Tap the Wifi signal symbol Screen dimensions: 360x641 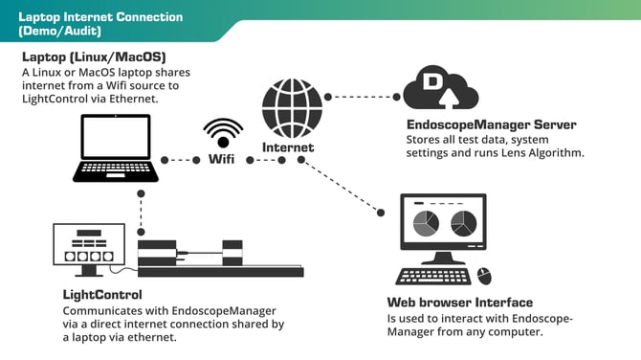click(223, 132)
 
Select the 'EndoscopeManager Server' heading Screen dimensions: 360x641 click(491, 124)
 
